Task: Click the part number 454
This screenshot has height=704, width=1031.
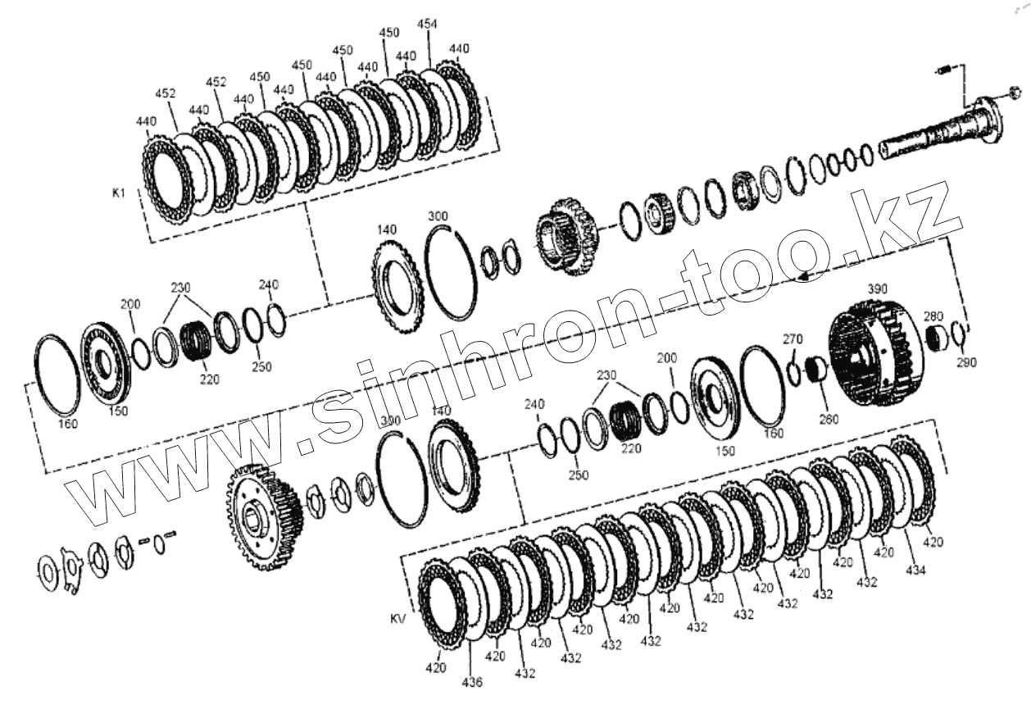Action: pyautogui.click(x=427, y=24)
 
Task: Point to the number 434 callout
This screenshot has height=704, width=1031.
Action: pyautogui.click(x=915, y=570)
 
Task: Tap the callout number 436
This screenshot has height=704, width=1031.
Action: pyautogui.click(x=472, y=682)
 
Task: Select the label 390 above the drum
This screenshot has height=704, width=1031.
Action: pyautogui.click(x=877, y=289)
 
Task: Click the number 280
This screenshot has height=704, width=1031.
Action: pyautogui.click(x=933, y=316)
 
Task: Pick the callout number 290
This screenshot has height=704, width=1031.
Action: pyautogui.click(x=966, y=362)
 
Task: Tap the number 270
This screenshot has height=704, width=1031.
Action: pyautogui.click(x=793, y=339)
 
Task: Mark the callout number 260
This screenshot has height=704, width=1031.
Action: pyautogui.click(x=829, y=419)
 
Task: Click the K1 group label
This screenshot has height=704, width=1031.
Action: pyautogui.click(x=119, y=193)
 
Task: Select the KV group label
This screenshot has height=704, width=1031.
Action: pyautogui.click(x=398, y=619)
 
